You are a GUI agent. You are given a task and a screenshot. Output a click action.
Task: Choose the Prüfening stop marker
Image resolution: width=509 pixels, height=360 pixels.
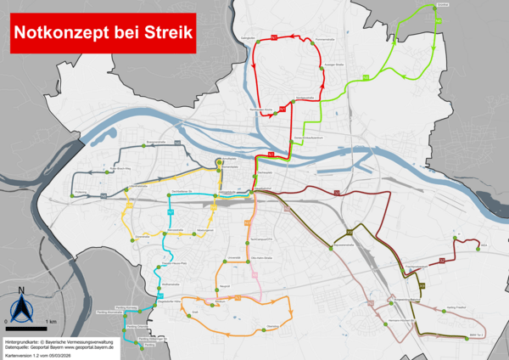coord(71,196)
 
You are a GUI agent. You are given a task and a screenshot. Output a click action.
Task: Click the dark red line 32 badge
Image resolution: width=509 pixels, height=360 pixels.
coord(336,194)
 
